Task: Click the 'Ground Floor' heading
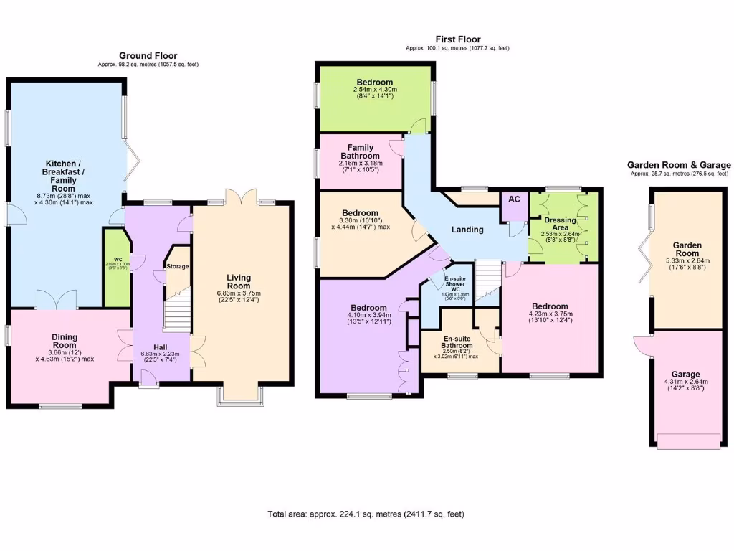148,55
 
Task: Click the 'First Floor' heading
457,39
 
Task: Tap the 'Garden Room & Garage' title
679,165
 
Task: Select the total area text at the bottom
370,514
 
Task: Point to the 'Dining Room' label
64,341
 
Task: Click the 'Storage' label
178,266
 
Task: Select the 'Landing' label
467,230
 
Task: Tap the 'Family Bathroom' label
360,152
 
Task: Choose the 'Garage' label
685,375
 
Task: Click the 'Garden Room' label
685,248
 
